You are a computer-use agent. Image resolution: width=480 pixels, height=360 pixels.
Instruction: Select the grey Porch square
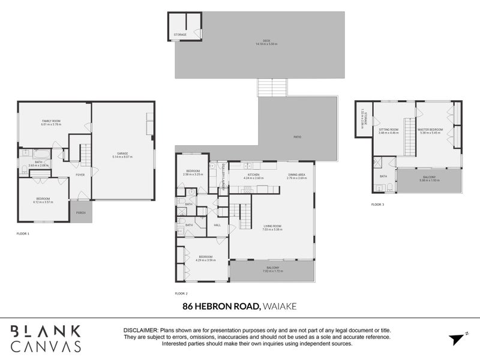pyautogui.click(x=80, y=212)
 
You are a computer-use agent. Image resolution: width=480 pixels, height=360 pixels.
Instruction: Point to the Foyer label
pyautogui.click(x=79, y=175)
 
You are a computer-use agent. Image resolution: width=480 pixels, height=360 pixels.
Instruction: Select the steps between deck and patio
pyautogui.click(x=272, y=88)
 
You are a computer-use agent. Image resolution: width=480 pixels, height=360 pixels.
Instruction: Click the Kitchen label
pyautogui.click(x=254, y=176)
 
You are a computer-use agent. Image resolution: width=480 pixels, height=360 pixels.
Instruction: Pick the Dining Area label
pyautogui.click(x=296, y=176)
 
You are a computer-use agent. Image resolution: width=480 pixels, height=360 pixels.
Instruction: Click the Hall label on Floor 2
pyautogui.click(x=217, y=225)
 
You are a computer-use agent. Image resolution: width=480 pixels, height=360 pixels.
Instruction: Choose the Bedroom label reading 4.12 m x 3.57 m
pyautogui.click(x=43, y=200)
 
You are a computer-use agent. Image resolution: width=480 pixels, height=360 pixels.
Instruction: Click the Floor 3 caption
pyautogui.click(x=377, y=205)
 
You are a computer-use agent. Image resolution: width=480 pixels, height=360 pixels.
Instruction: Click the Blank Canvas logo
pyautogui.click(x=46, y=338)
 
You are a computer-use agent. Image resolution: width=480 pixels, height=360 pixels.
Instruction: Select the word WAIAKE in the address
pyautogui.click(x=280, y=306)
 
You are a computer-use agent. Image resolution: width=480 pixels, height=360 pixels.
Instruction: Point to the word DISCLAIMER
pyautogui.click(x=140, y=331)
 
